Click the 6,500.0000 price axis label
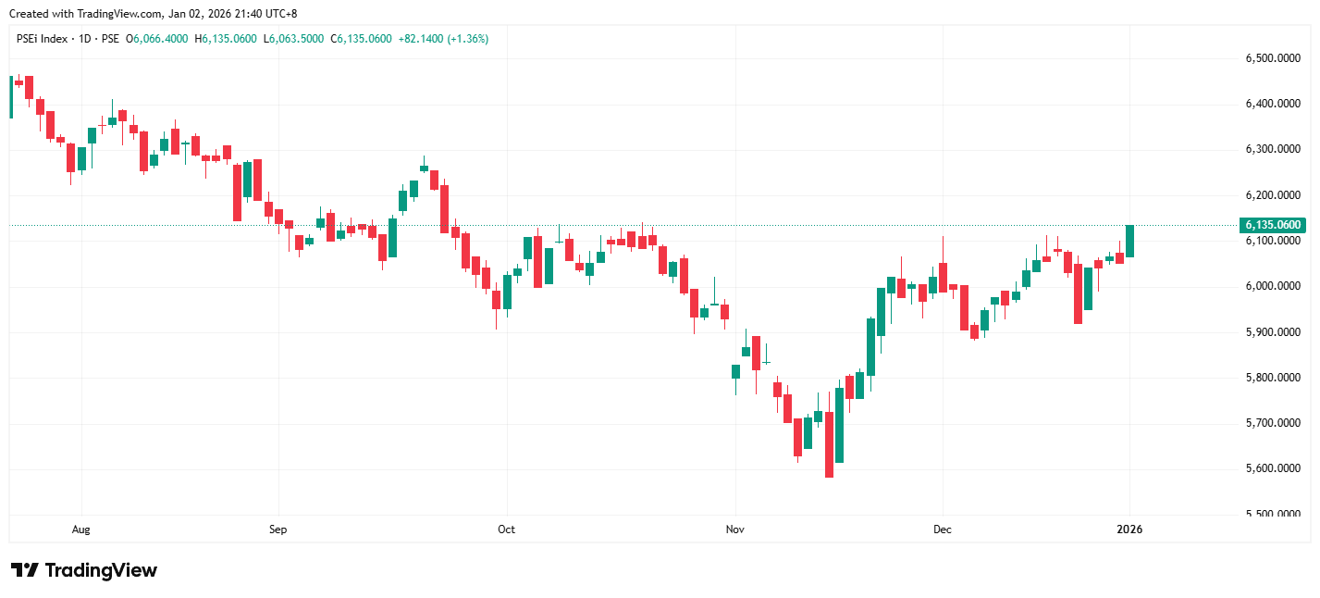coord(1273,58)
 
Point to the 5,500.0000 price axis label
coord(1273,515)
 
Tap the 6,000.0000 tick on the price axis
coord(1273,286)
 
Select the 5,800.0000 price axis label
coord(1273,378)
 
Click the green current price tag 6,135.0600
coord(1273,225)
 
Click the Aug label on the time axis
coord(81,530)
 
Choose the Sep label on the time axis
coord(278,530)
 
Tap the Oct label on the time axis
coord(506,530)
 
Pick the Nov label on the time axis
coord(735,530)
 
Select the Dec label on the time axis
coord(943,530)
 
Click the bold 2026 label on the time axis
coord(1129,530)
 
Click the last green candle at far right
coord(1129,241)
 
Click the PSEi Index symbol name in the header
coord(43,39)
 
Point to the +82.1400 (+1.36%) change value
coord(443,39)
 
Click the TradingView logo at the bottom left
coord(83,570)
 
